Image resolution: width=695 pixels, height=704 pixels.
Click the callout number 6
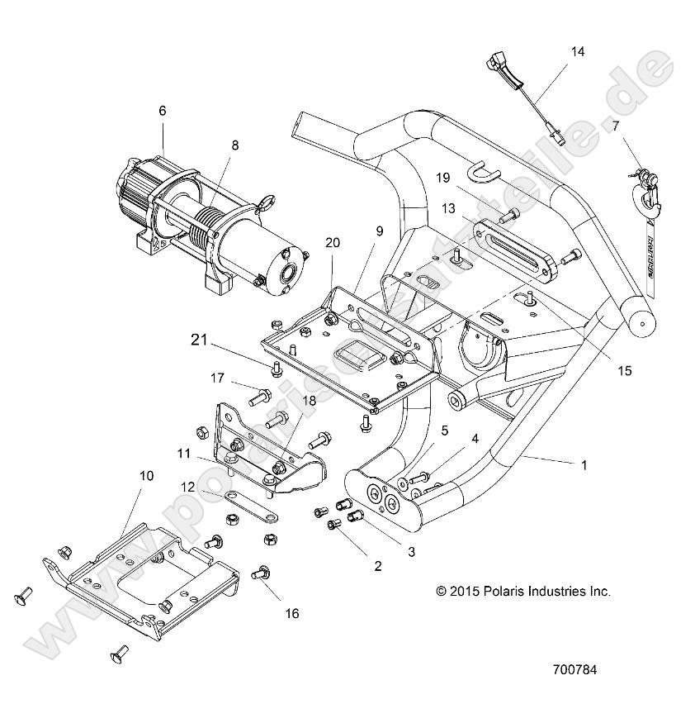(x=162, y=111)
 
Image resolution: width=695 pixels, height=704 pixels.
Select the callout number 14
(x=577, y=52)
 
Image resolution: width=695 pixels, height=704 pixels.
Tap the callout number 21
(x=198, y=338)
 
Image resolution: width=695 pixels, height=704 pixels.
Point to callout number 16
(x=269, y=613)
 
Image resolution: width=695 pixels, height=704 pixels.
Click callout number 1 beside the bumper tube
(x=584, y=465)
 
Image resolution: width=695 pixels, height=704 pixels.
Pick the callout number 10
(x=146, y=476)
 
